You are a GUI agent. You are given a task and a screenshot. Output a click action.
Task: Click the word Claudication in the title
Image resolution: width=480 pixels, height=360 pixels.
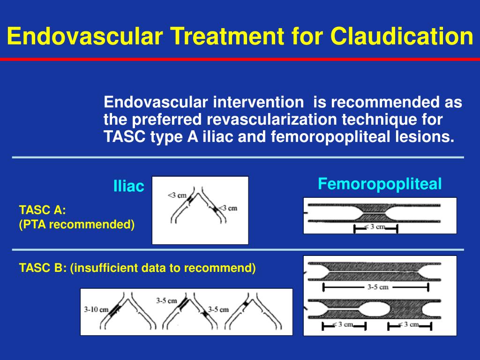tap(402, 36)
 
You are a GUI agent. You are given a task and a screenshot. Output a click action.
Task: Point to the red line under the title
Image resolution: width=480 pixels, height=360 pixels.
tap(240, 60)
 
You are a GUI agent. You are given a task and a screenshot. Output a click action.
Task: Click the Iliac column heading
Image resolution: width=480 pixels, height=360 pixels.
tap(128, 187)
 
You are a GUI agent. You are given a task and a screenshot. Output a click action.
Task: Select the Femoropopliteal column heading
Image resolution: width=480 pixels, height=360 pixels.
tap(380, 184)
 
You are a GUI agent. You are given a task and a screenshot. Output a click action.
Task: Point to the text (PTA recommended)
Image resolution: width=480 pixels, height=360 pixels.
tap(77, 225)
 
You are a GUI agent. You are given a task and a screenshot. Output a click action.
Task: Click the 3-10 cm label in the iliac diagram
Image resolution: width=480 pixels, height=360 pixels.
tap(96, 310)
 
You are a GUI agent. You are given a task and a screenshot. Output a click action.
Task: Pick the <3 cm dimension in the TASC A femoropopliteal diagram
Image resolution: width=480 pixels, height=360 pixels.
tap(375, 227)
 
